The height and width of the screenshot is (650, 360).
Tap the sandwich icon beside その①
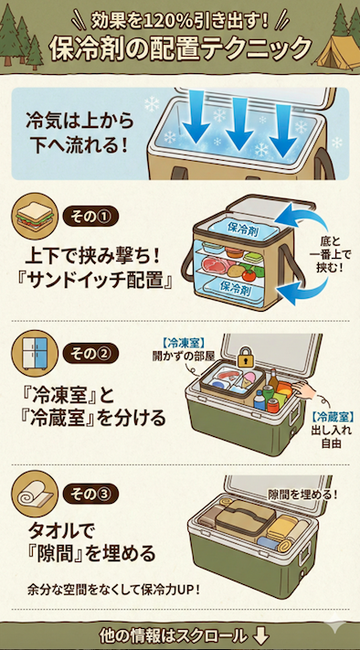tap(36, 219)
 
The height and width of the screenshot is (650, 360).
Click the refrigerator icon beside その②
tap(36, 356)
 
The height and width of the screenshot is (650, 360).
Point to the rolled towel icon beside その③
tap(36, 495)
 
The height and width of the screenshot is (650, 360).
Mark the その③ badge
tap(90, 495)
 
